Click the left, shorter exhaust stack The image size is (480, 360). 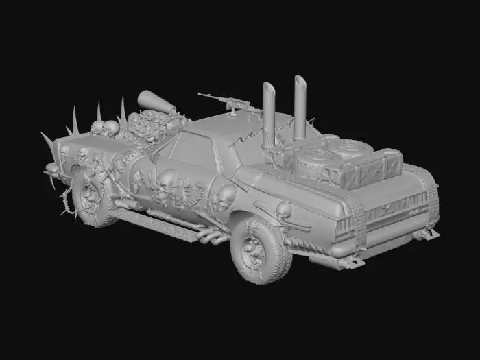pos(268,117)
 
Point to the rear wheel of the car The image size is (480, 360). pos(260,250)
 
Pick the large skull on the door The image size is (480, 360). pos(167,182)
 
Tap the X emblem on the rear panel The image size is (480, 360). pos(389,206)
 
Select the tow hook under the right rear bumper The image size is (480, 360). pos(426,235)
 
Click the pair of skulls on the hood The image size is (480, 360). pos(104,127)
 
